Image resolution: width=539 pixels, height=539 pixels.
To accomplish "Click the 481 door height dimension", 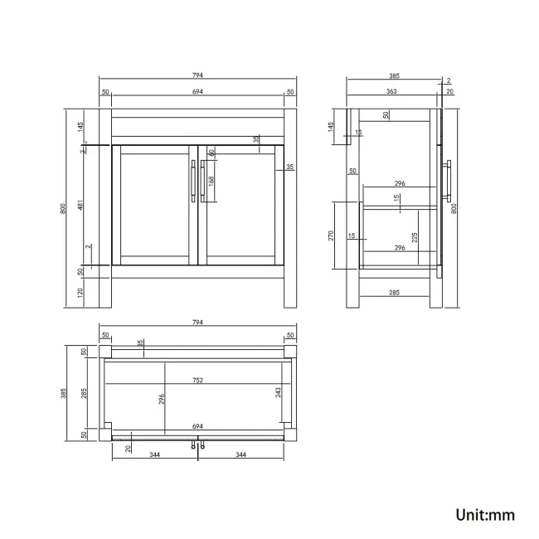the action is [80, 205].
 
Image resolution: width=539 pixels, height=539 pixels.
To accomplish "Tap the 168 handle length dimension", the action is [211, 181].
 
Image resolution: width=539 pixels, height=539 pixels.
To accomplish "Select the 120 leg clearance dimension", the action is [80, 293].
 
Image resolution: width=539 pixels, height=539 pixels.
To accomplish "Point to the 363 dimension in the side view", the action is [391, 91].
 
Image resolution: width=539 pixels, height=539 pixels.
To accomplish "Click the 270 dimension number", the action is [331, 236].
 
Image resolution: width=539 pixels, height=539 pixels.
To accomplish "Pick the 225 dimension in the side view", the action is [415, 237].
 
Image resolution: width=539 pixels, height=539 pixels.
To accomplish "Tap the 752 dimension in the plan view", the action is [197, 380].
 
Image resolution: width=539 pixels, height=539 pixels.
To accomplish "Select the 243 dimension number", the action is [278, 392].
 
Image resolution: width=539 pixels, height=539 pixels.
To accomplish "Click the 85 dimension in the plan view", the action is [140, 343].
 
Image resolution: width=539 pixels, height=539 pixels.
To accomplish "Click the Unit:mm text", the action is [485, 515].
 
